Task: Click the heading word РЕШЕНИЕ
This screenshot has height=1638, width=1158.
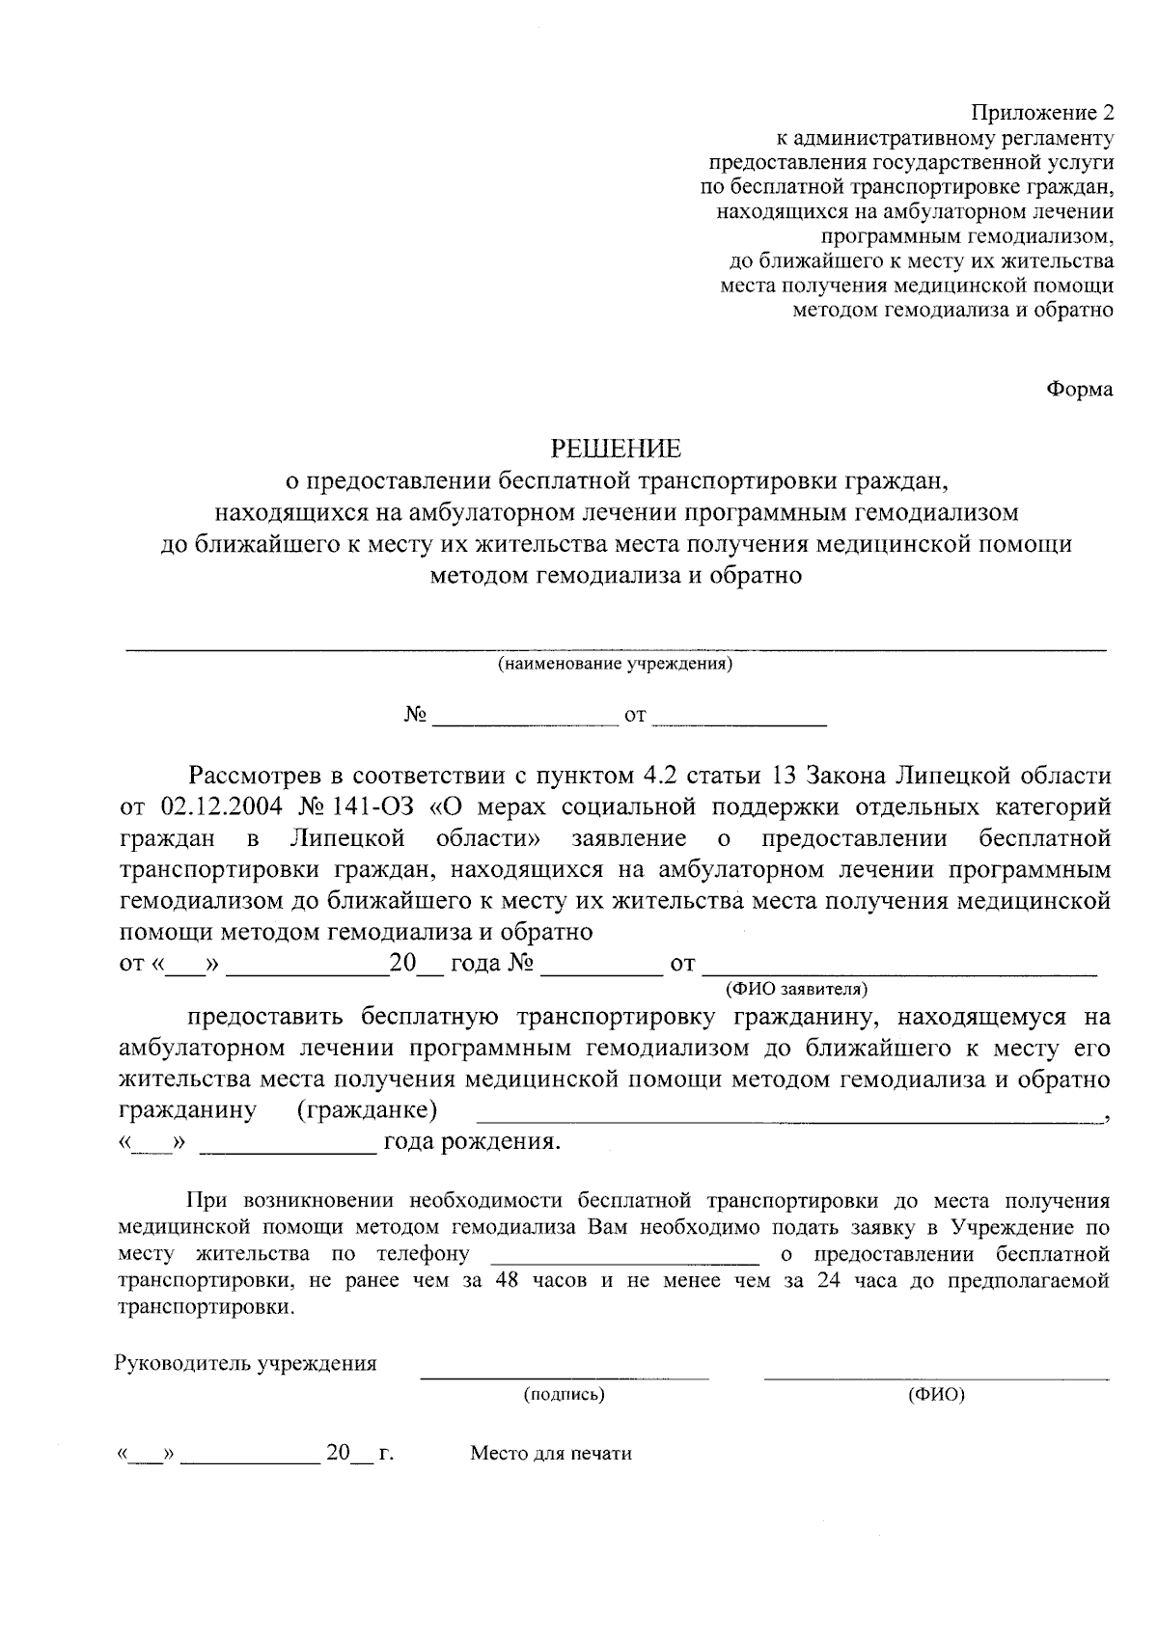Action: pos(616,449)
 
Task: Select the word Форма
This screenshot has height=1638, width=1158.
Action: pos(1080,389)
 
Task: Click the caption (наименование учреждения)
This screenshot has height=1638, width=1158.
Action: pos(615,665)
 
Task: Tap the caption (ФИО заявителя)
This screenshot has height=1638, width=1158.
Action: pos(796,988)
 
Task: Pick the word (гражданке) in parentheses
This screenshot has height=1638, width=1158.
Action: pos(368,1110)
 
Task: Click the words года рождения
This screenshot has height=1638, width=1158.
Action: pos(472,1143)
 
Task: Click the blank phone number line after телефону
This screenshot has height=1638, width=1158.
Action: pos(625,1262)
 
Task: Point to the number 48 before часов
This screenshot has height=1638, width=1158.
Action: pos(507,1282)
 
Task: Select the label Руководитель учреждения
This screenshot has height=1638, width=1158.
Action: pos(246,1364)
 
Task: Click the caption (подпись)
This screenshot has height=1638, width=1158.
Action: pos(564,1394)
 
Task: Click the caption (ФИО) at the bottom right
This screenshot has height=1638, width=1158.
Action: pos(936,1394)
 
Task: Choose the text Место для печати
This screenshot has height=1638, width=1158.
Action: pos(551,1454)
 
